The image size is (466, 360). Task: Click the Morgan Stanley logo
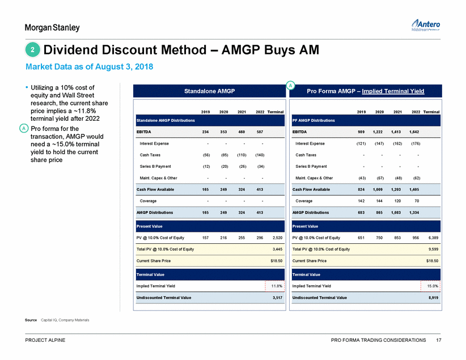click(x=52, y=28)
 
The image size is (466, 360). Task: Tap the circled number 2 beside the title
click(x=33, y=50)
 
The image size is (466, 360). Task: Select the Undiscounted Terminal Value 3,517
click(x=275, y=298)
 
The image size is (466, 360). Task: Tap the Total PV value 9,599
click(x=432, y=249)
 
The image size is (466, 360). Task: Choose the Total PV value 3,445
click(x=276, y=249)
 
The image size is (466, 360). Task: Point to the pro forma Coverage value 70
click(x=414, y=200)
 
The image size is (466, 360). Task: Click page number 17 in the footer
click(x=438, y=340)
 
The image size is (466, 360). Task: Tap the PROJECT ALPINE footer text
click(x=45, y=340)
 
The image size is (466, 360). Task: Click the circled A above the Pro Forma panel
click(x=290, y=85)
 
